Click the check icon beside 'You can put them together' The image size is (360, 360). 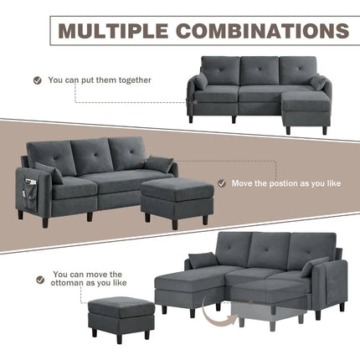click(x=38, y=80)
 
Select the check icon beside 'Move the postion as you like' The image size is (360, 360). click(x=223, y=182)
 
